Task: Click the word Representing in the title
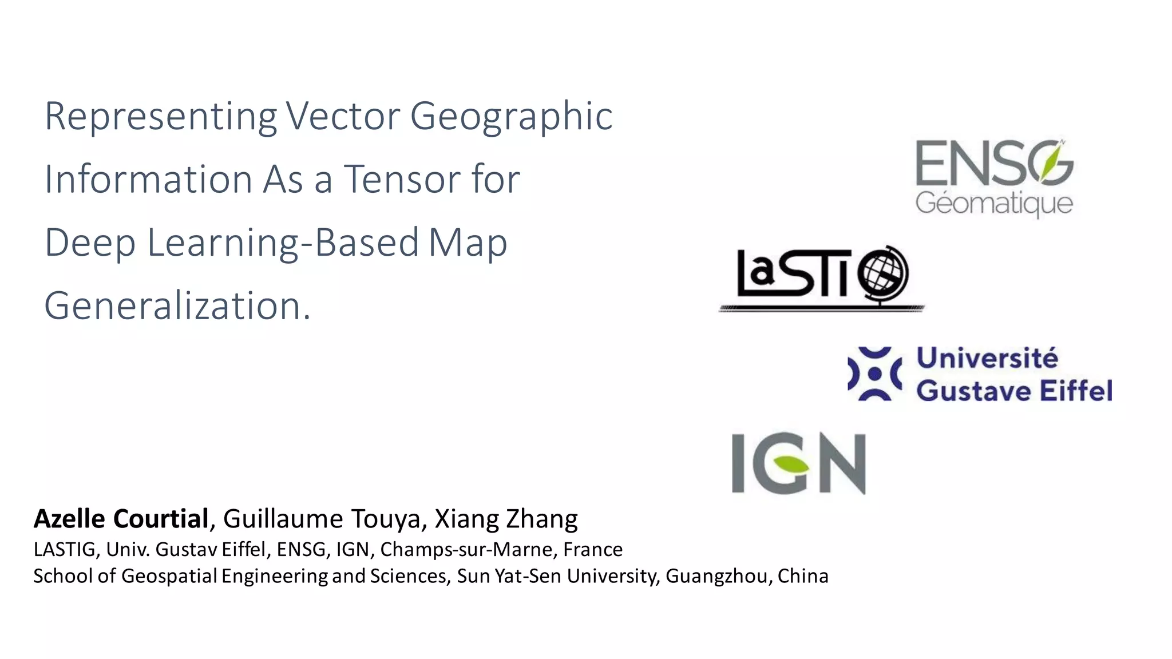[160, 117]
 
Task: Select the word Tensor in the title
[402, 180]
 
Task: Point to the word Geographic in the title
[511, 117]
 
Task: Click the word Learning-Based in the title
[283, 243]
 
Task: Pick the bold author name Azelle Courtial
[121, 519]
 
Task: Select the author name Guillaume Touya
[322, 519]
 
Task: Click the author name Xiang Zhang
[506, 519]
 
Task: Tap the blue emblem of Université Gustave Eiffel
[874, 374]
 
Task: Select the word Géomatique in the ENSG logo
[994, 204]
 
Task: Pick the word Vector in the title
[343, 117]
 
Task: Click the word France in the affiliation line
[593, 549]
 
